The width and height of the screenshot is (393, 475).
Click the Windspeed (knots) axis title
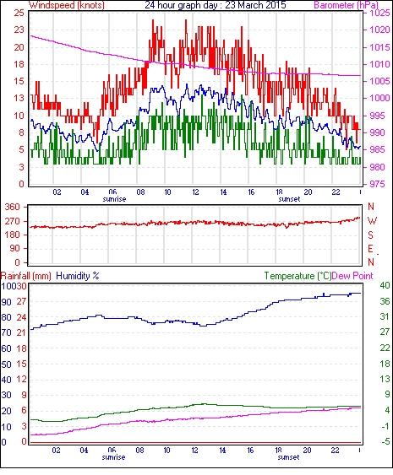click(67, 5)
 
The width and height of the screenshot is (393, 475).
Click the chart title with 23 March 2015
click(216, 5)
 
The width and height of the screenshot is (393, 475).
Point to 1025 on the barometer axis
click(379, 13)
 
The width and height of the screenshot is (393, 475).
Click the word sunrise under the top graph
click(114, 199)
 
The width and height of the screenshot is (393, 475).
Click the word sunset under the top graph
click(289, 199)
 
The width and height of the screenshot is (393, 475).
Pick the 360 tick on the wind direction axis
click(12, 208)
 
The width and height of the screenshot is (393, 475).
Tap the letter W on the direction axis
click(372, 221)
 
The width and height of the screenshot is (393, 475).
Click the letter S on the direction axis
click(370, 235)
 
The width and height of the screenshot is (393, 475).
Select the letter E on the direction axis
click(370, 249)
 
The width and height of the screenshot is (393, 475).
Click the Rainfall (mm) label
click(26, 276)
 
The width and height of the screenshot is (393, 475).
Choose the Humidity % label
click(78, 276)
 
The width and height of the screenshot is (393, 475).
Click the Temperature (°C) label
click(297, 276)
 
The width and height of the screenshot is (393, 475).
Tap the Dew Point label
click(352, 276)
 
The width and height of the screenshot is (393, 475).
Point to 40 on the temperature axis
click(385, 285)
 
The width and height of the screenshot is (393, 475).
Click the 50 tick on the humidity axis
click(6, 364)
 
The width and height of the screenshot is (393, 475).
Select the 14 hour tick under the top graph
click(223, 192)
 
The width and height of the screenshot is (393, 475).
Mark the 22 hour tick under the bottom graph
click(335, 451)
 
